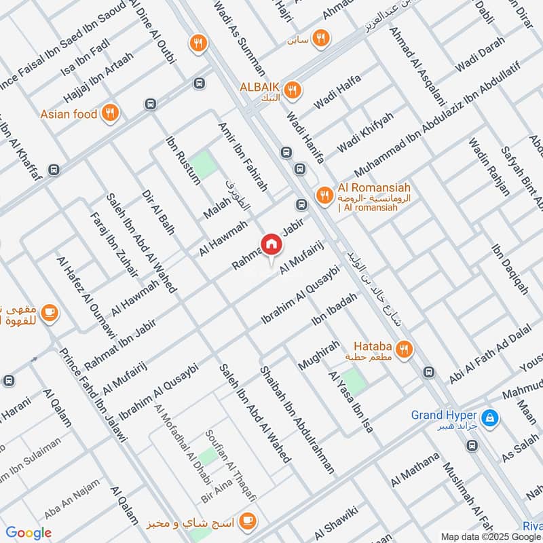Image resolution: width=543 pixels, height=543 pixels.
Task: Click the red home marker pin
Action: [x=270, y=244]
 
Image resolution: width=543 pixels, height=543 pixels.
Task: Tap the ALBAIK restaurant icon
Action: [x=293, y=89]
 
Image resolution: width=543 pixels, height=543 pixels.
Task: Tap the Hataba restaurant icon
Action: [x=405, y=349]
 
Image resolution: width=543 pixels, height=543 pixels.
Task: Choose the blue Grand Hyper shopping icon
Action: [x=489, y=418]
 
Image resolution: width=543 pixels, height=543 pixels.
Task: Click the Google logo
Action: [x=29, y=533]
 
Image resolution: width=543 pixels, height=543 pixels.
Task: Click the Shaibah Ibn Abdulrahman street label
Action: [x=298, y=420]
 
